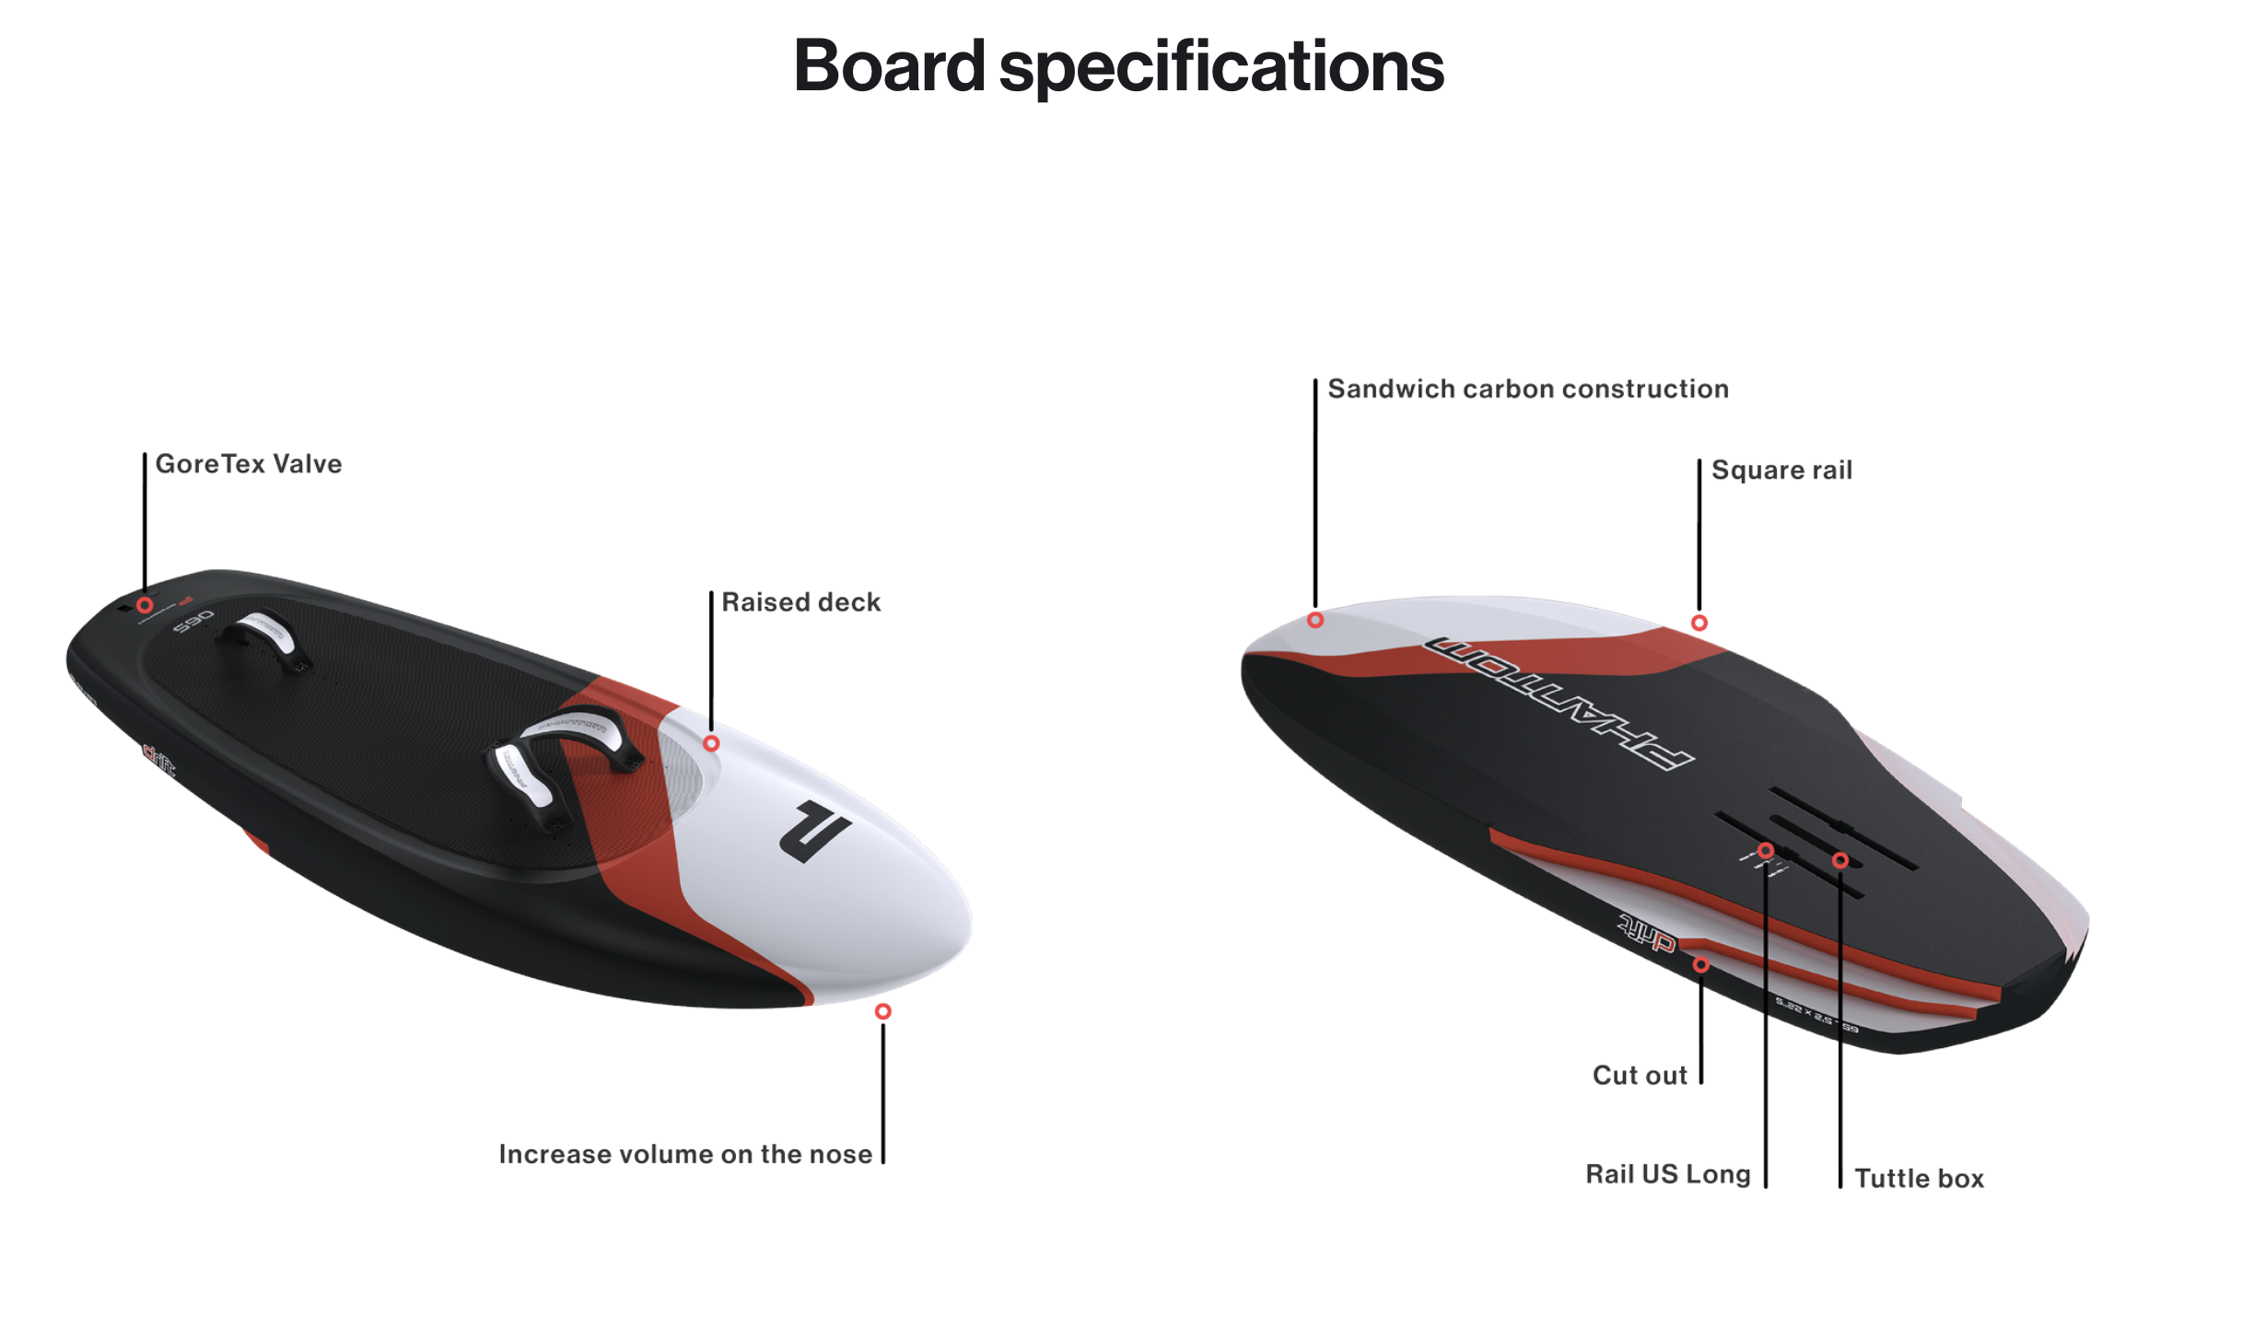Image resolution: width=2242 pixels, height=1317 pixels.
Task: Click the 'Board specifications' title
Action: click(x=1118, y=66)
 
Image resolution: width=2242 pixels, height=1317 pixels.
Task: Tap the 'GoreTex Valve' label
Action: click(x=248, y=463)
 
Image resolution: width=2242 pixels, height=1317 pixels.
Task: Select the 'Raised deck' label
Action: click(x=800, y=601)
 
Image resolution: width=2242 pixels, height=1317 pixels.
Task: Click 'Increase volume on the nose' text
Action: click(x=684, y=1154)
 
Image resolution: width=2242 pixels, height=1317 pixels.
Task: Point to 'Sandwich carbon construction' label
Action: click(x=1527, y=389)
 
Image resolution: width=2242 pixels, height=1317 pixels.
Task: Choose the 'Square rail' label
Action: click(x=1781, y=470)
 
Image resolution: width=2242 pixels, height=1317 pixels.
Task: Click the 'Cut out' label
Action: click(x=1639, y=1075)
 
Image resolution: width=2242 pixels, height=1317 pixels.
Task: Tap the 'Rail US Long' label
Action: click(x=1667, y=1174)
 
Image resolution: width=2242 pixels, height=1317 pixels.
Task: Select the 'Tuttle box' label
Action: click(x=1919, y=1178)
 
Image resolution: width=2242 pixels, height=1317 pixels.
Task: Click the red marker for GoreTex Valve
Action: click(x=145, y=605)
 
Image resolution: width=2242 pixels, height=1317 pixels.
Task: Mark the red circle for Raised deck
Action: click(x=711, y=743)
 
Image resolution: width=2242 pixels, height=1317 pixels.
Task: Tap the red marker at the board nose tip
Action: click(x=882, y=1011)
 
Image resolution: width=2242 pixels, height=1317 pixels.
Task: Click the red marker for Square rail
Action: click(x=1699, y=624)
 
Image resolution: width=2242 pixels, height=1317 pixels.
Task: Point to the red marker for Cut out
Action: click(x=1701, y=965)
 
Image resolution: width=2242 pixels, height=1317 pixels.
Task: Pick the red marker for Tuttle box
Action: click(x=1840, y=860)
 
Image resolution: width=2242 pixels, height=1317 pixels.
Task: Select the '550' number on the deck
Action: click(x=193, y=622)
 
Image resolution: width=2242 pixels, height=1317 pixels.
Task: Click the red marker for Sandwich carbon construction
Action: click(x=1315, y=621)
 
